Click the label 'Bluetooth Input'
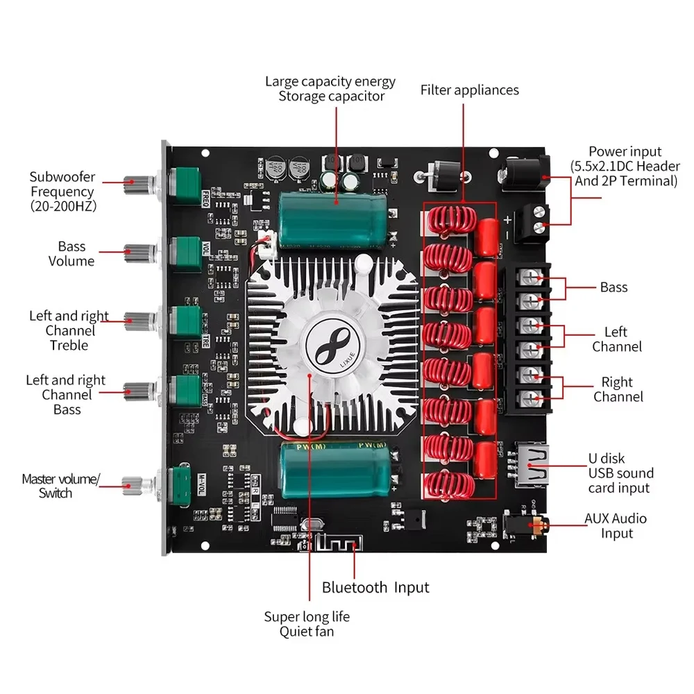coord(375,588)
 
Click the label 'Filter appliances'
coord(469,90)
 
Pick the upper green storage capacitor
coord(330,216)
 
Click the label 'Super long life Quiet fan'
coord(307,624)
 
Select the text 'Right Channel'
coord(618,389)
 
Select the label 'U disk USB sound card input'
coord(620,473)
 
